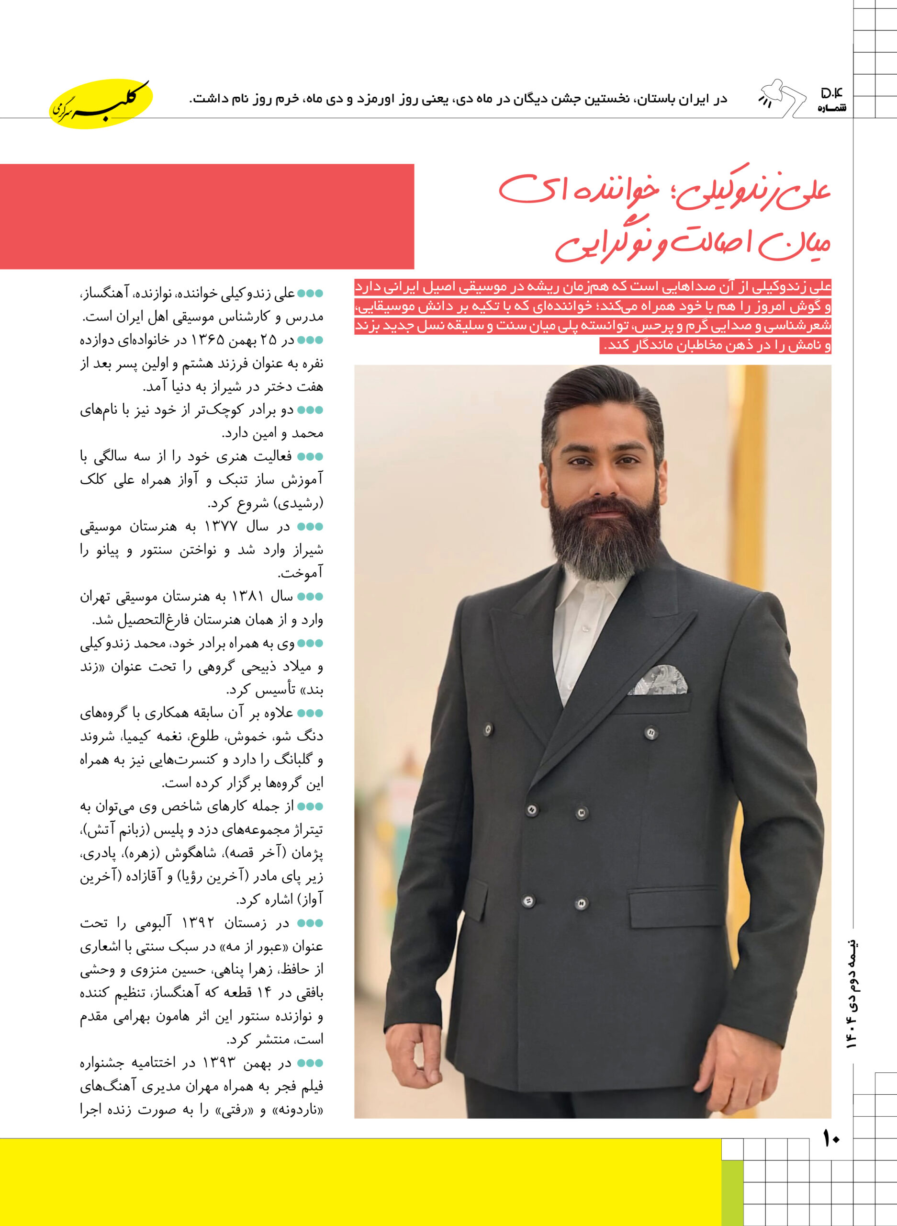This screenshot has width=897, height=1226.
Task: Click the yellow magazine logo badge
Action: (x=101, y=103)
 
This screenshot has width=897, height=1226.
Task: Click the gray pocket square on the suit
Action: (x=658, y=681)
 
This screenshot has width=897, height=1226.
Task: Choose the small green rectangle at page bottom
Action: (x=732, y=1193)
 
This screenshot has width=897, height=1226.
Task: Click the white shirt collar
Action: (x=586, y=592)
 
